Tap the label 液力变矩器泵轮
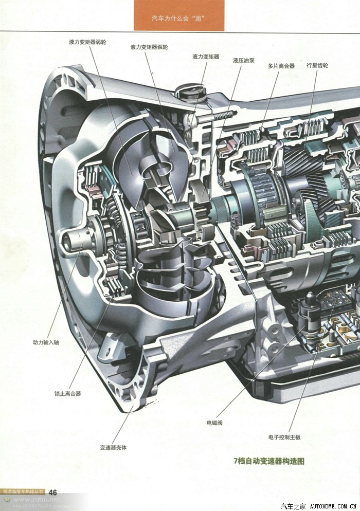149,47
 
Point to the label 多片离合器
281,66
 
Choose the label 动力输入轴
46,341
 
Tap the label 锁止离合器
67,394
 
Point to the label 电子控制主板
284,437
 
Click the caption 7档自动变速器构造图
269,461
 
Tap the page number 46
52,492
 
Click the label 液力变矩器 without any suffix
206,57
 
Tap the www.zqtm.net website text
36,499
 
